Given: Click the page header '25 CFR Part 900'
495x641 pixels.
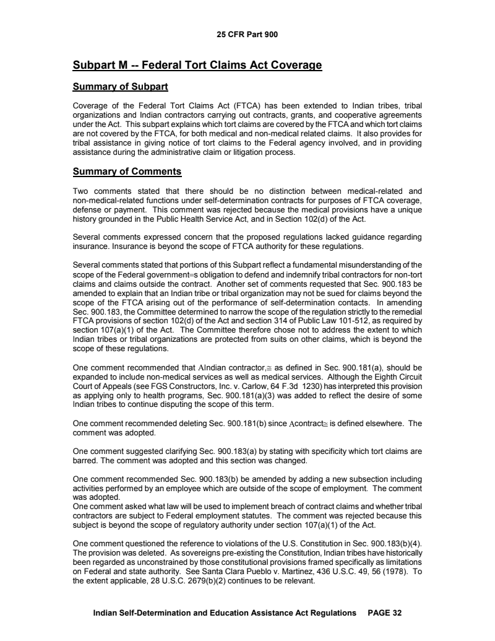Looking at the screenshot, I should (247, 35).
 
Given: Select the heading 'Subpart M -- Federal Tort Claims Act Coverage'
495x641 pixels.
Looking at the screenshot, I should (197, 65).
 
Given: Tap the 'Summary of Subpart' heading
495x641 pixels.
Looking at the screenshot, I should (121, 85).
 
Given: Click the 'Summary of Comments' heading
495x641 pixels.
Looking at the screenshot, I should (127, 171).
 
